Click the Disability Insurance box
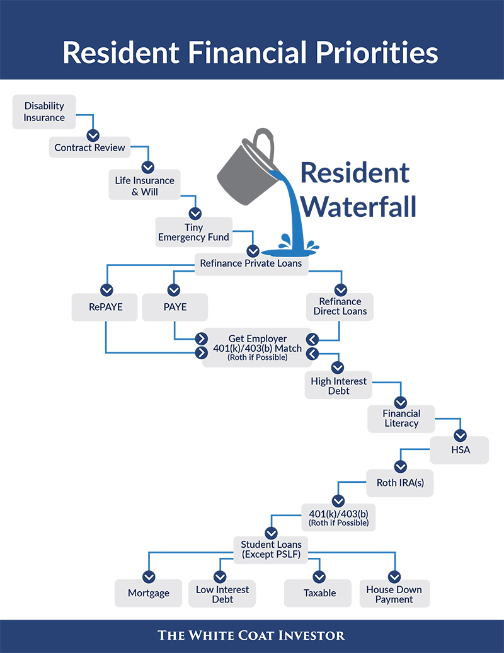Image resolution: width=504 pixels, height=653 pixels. (44, 112)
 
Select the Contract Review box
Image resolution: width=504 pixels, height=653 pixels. (89, 147)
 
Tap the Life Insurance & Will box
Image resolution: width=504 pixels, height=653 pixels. (144, 185)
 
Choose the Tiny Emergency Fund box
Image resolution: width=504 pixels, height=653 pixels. (193, 232)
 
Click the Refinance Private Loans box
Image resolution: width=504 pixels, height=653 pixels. (251, 263)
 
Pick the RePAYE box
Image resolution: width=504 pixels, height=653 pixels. (105, 308)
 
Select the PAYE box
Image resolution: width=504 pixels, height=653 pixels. (175, 308)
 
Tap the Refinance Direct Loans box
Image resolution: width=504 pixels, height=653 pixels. (340, 307)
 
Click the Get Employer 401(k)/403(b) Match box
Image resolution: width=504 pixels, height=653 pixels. (257, 347)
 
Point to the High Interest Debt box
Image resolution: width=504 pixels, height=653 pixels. (338, 385)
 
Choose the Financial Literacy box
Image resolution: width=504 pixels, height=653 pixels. (401, 419)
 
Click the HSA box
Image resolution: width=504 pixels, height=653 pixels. (459, 450)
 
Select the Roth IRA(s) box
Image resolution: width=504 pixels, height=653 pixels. (400, 483)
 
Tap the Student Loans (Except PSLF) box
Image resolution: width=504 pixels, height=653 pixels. (270, 550)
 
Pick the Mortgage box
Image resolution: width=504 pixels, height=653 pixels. (149, 593)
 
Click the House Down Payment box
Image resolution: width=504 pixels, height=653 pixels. (394, 594)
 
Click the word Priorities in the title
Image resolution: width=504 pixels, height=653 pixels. (377, 52)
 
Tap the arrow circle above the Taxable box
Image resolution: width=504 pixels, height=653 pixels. (319, 577)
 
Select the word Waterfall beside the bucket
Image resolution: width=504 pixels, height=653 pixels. (358, 207)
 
